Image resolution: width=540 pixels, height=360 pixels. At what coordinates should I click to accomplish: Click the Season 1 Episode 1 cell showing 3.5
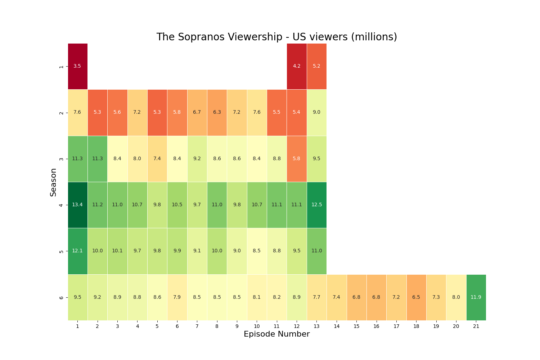77,66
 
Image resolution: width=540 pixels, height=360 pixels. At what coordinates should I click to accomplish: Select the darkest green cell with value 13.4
77,205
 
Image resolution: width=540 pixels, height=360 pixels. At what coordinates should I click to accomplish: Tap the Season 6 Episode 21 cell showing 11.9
476,297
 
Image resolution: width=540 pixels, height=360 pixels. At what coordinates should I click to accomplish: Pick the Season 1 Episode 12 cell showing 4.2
297,66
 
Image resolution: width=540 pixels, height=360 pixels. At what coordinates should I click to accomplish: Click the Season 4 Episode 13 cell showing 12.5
316,205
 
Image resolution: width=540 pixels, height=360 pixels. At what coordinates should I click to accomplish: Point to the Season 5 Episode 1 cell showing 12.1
77,251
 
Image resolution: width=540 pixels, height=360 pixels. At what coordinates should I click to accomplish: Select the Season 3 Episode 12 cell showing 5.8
297,159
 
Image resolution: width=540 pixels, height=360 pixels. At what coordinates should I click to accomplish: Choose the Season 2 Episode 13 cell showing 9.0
316,112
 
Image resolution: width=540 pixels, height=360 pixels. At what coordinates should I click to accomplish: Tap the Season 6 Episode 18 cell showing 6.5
416,297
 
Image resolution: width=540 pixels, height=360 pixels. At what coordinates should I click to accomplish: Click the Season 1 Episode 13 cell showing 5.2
316,66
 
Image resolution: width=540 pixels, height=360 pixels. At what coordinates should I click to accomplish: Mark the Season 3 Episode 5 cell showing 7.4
157,159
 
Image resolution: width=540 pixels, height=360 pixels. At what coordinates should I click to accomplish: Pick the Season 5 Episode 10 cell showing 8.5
257,251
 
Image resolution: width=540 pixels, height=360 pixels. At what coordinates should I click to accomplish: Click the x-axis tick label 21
476,326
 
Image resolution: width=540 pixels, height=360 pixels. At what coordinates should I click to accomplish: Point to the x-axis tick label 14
337,326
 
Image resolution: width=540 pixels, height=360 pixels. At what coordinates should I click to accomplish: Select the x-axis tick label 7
197,326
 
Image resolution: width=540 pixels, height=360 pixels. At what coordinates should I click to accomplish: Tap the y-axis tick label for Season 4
61,205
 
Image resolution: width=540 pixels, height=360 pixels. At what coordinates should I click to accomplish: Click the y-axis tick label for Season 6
61,298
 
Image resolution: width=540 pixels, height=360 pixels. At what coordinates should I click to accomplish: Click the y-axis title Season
53,182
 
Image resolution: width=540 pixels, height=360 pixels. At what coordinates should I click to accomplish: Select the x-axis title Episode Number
276,334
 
